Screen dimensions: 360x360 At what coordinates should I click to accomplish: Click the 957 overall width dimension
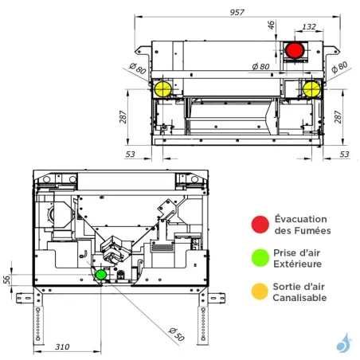(x=236, y=13)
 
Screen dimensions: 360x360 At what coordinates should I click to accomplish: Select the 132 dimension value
(x=310, y=27)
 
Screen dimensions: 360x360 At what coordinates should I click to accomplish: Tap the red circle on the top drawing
(x=294, y=50)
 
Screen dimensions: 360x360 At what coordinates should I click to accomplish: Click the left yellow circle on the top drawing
(x=163, y=88)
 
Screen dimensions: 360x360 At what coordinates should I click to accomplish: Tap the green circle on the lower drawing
(x=101, y=275)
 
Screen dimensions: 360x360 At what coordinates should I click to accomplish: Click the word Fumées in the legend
(x=302, y=231)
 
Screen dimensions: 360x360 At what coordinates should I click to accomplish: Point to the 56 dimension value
(x=7, y=279)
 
